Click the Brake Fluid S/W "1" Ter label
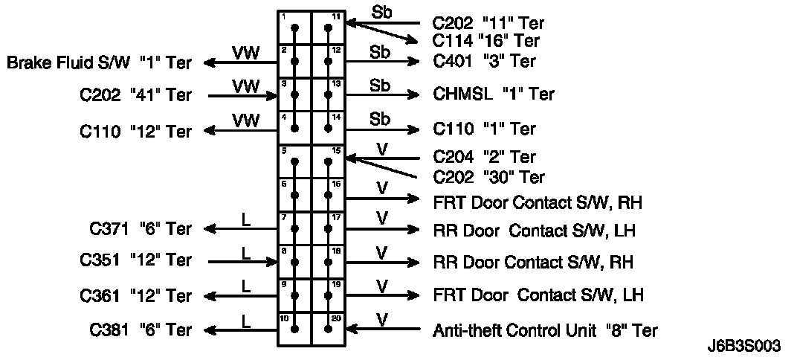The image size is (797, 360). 99,63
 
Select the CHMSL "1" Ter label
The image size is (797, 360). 494,94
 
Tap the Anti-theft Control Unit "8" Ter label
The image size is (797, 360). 545,330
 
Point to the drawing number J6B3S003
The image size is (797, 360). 745,347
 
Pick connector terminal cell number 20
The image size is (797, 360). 329,328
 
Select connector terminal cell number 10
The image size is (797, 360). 294,328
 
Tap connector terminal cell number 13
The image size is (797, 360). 329,94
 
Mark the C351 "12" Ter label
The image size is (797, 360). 135,261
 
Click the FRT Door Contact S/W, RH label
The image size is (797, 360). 538,201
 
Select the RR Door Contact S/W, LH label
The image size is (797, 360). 534,230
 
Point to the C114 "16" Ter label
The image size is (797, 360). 486,41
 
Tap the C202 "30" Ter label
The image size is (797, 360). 488,177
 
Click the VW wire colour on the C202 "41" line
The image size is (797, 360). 245,87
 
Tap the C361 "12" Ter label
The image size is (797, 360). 135,296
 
